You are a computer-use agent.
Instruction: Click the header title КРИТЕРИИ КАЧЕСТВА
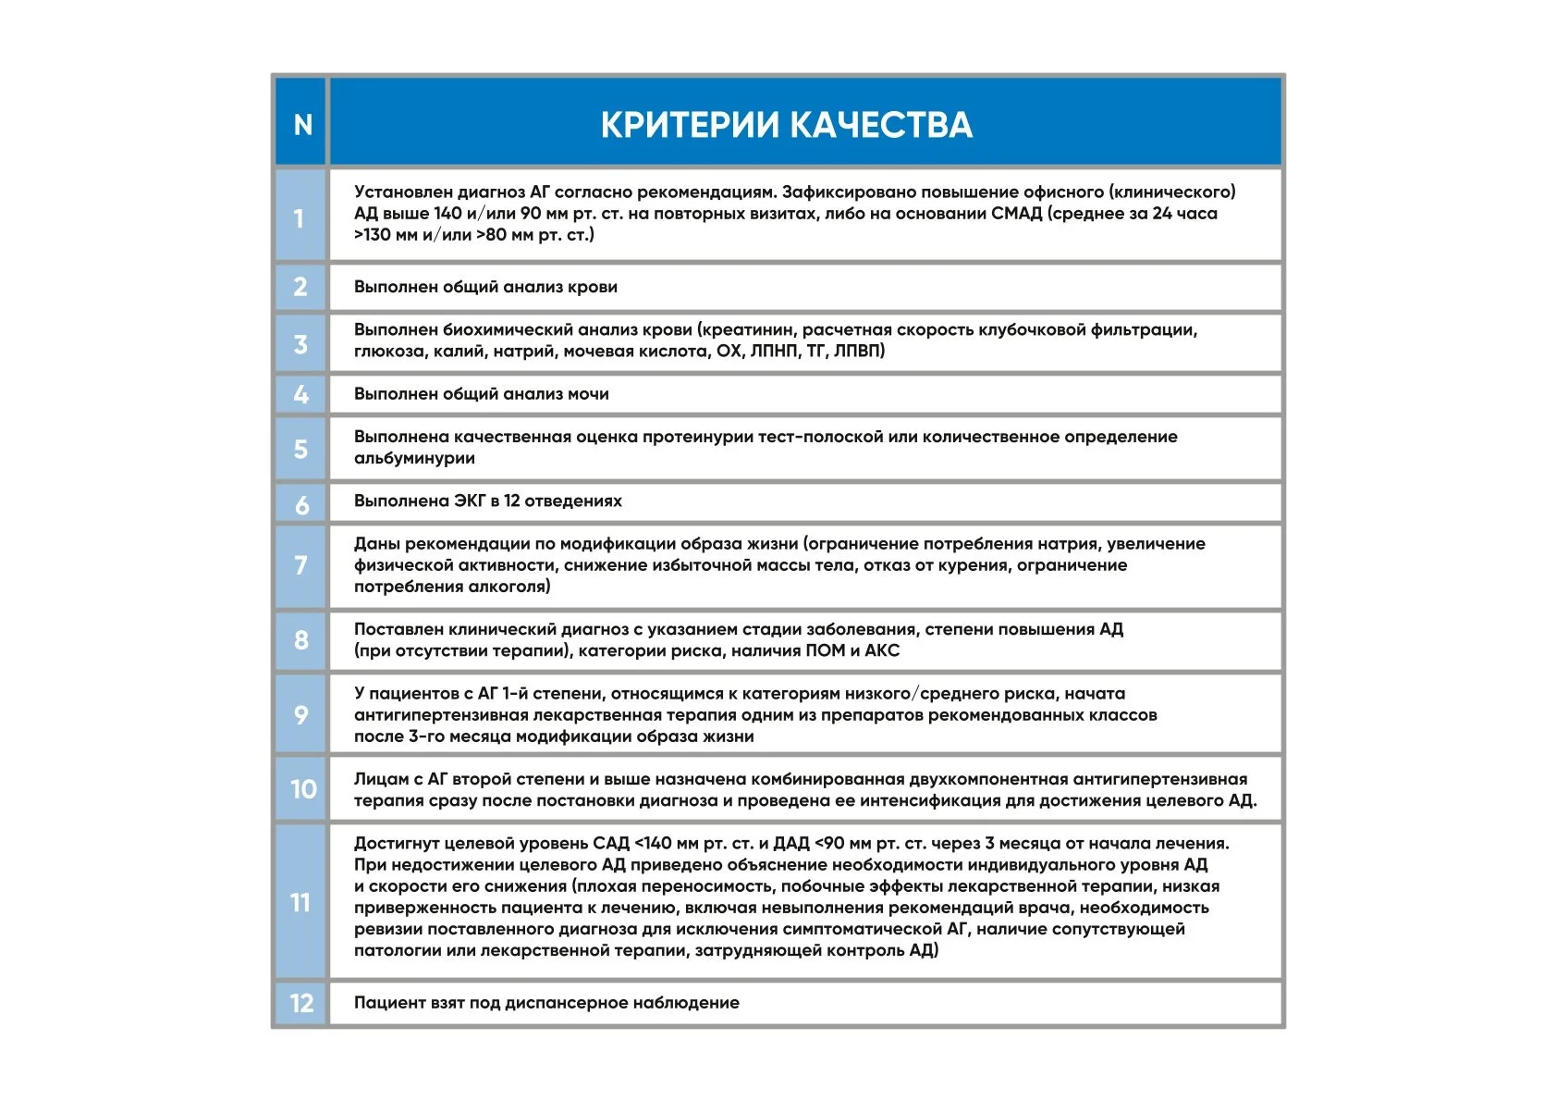click(x=786, y=125)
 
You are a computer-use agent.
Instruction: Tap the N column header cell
click(x=302, y=125)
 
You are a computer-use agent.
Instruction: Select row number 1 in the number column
click(x=300, y=218)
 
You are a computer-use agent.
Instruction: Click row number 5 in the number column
click(x=300, y=450)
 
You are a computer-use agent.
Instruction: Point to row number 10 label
click(x=302, y=789)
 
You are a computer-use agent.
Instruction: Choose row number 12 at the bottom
click(x=301, y=1003)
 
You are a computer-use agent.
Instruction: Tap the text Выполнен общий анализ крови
click(x=485, y=287)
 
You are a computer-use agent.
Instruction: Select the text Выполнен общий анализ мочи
click(x=481, y=394)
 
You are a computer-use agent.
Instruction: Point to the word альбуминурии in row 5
click(x=414, y=458)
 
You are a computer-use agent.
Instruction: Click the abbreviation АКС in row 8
click(x=882, y=651)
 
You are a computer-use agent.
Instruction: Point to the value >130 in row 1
click(x=373, y=235)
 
